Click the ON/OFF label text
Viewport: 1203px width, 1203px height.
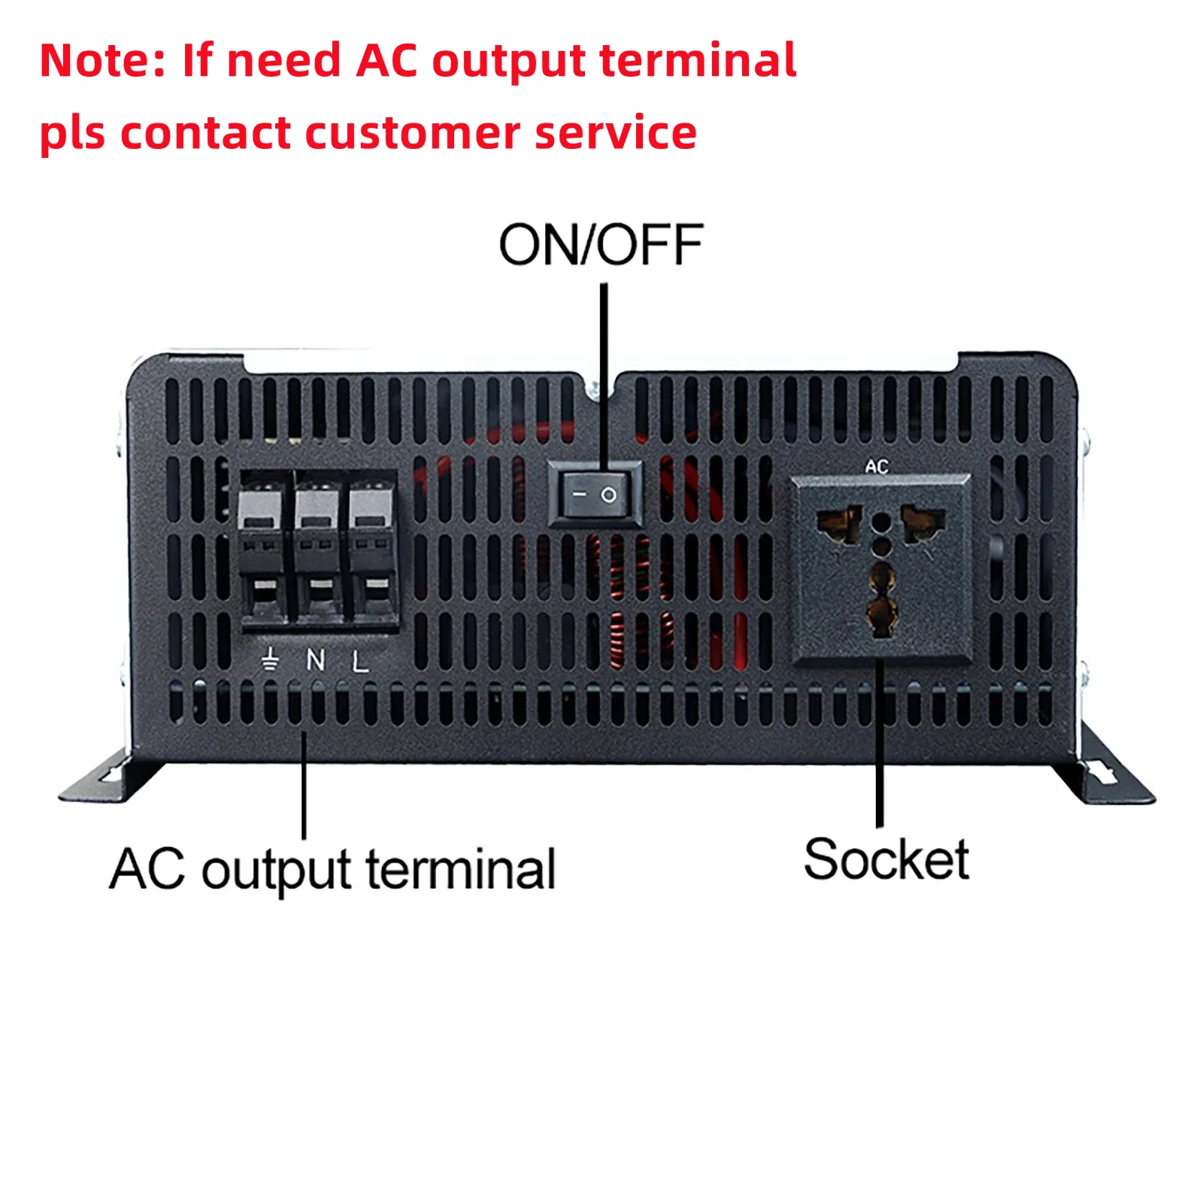[601, 246]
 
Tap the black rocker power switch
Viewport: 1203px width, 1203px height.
[595, 494]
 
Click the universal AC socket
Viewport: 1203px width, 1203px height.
[880, 569]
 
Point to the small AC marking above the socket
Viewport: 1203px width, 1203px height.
[877, 467]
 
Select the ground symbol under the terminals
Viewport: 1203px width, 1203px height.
[270, 659]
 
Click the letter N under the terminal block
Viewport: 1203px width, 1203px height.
[316, 660]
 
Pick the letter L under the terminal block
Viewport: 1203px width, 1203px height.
[361, 662]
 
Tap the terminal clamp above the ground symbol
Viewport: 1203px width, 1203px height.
[262, 549]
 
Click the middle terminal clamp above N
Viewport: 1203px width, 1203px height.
[318, 549]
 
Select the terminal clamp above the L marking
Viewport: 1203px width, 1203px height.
[373, 549]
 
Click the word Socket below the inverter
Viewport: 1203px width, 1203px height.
[886, 859]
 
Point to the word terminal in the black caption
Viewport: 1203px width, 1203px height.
[460, 870]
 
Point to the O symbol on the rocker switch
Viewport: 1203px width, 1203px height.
[609, 495]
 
